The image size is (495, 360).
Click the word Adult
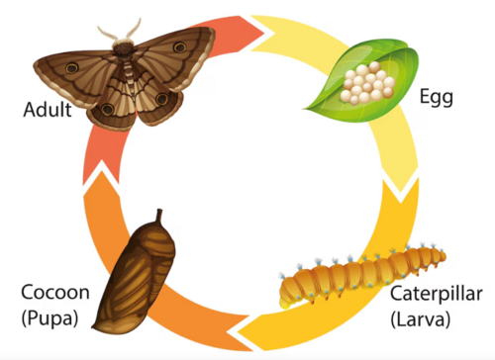pos(47,109)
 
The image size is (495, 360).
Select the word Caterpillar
pos(436,294)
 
